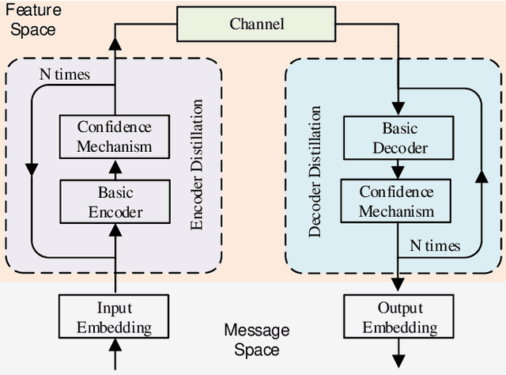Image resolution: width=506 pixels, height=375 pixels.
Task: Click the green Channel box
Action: [x=258, y=24]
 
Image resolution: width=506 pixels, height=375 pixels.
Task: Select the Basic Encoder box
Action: [x=115, y=202]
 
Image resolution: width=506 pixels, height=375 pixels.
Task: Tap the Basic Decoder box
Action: [x=395, y=137]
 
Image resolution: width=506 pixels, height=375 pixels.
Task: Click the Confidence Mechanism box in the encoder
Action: [x=115, y=137]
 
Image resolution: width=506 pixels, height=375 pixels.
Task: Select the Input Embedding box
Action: [x=115, y=317]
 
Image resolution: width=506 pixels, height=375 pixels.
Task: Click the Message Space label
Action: [x=256, y=339]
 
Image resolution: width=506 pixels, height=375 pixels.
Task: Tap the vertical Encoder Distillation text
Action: [x=198, y=165]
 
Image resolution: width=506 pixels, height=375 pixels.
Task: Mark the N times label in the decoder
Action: [x=435, y=245]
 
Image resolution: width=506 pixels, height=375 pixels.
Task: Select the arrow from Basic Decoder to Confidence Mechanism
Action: [x=395, y=169]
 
